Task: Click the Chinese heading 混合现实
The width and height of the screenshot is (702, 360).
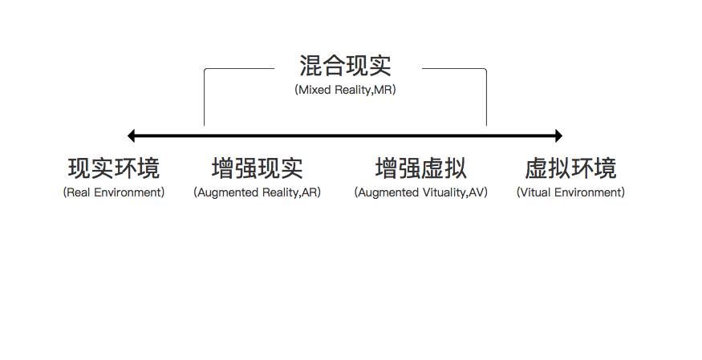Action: [345, 66]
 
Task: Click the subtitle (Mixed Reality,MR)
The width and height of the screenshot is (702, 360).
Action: [345, 90]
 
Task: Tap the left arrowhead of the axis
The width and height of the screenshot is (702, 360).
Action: [132, 136]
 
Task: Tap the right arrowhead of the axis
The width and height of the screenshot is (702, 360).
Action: [558, 136]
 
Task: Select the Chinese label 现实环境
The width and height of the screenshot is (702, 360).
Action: [114, 168]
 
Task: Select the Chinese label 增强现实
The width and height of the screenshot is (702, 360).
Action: [257, 168]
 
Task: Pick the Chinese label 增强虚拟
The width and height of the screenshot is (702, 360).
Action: [420, 168]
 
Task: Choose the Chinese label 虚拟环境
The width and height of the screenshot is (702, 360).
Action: [570, 168]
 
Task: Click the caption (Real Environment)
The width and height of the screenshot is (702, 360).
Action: [114, 192]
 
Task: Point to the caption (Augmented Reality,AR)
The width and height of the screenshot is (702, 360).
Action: [257, 192]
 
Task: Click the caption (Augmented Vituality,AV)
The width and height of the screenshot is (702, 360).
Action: [420, 192]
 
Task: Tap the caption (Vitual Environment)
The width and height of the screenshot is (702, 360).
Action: [570, 192]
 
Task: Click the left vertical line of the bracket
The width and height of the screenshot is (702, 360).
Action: [205, 100]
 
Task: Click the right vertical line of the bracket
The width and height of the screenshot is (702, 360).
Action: [486, 100]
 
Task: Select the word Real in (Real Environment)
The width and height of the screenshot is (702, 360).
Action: [79, 192]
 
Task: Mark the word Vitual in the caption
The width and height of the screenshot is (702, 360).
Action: [536, 192]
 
